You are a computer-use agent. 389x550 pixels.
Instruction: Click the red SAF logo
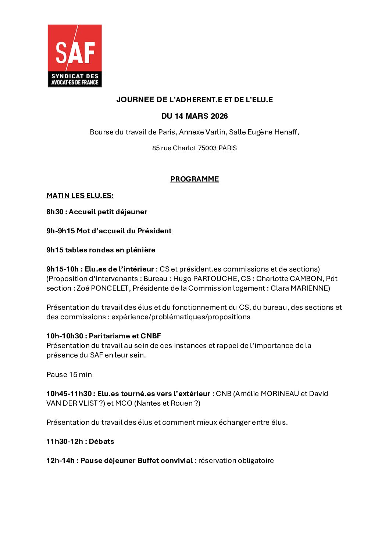75,55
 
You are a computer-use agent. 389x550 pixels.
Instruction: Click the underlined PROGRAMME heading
194,179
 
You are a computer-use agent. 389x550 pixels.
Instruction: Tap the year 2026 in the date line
219,116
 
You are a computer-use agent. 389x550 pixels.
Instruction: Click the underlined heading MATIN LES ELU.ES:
80,195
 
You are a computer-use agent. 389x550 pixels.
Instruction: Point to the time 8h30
55,212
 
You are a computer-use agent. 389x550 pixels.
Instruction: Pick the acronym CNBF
151,336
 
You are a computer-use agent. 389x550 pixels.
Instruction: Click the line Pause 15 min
69,374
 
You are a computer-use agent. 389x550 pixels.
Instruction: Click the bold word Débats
101,441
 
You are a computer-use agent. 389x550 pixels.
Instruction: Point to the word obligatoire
256,460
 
